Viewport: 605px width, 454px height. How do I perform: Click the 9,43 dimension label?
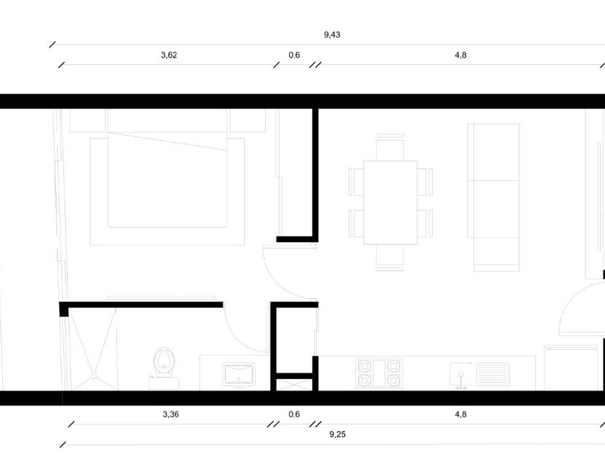(332, 34)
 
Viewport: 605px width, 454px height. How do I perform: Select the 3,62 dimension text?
(169, 55)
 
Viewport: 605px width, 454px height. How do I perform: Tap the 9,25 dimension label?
(336, 435)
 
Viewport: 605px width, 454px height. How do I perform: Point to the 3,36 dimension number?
(170, 414)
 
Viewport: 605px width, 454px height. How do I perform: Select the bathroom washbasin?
(238, 374)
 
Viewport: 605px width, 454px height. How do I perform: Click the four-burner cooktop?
(378, 373)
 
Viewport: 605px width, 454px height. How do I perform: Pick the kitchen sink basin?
(460, 374)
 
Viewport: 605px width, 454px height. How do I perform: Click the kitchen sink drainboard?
(493, 374)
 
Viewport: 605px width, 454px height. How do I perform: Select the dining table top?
(390, 202)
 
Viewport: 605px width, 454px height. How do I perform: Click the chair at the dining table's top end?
(390, 148)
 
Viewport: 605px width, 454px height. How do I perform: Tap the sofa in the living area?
(495, 196)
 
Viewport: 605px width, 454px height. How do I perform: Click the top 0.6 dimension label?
(294, 55)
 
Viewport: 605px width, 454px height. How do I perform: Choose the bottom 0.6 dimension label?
(294, 414)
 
